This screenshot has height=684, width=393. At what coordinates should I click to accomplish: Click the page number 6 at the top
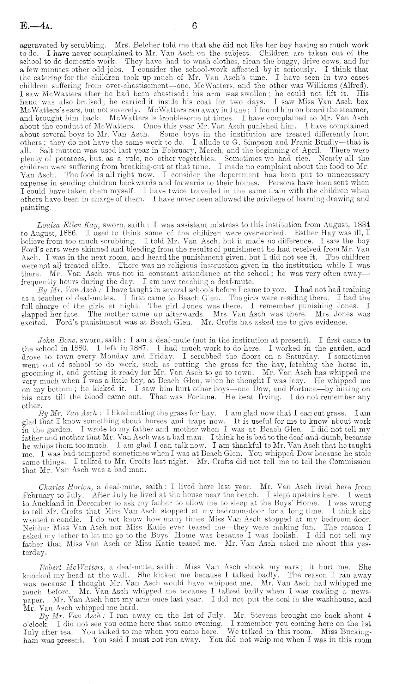pyautogui.click(x=194, y=26)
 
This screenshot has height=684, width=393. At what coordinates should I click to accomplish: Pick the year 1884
pyautogui.click(x=361, y=224)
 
